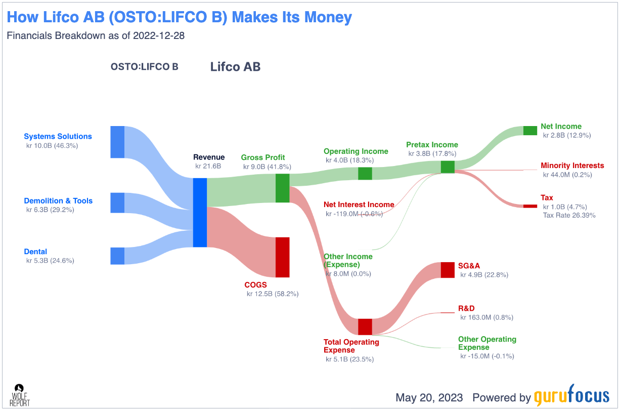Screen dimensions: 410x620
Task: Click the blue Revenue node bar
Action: click(200, 213)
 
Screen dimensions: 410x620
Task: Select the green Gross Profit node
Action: click(282, 188)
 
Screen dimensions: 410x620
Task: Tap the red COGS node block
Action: click(282, 257)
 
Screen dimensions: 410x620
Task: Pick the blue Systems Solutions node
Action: click(117, 142)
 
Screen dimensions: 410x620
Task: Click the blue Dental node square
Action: click(117, 256)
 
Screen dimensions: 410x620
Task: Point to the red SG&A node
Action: click(448, 270)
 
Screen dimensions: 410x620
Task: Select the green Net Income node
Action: click(530, 131)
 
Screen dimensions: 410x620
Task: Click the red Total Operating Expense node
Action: click(365, 326)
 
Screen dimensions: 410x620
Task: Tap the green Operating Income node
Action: click(365, 173)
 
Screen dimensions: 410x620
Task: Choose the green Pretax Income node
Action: click(448, 167)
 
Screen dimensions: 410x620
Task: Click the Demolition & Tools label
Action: click(58, 201)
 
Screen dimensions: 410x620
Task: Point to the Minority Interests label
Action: click(572, 166)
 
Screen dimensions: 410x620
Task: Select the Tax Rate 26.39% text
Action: click(569, 215)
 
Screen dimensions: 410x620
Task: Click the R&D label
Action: click(466, 308)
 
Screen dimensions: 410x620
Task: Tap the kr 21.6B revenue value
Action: click(208, 166)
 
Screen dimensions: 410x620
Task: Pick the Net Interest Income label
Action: click(359, 204)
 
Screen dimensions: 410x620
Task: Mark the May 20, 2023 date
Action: click(429, 397)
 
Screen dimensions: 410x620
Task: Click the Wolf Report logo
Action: click(20, 395)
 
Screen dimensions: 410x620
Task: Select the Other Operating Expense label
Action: click(487, 343)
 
